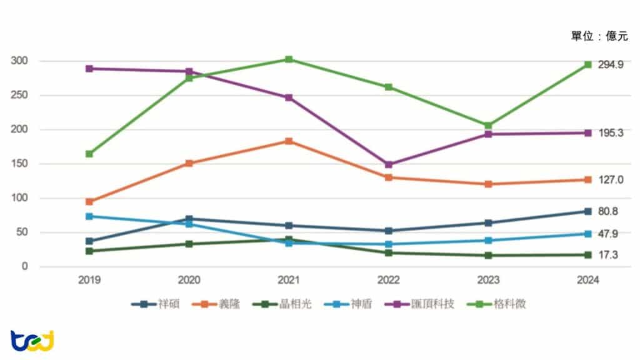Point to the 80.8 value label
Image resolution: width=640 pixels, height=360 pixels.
click(x=608, y=212)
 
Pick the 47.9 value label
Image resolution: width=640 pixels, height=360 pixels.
click(x=608, y=234)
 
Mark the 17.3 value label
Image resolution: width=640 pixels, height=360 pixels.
click(x=608, y=255)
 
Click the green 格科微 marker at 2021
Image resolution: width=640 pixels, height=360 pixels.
click(x=289, y=59)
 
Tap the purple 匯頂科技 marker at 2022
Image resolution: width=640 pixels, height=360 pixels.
click(x=388, y=164)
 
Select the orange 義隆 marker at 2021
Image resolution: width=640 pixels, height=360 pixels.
click(x=289, y=141)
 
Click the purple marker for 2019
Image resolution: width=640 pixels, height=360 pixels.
click(x=89, y=69)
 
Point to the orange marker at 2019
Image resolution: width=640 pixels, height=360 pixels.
click(x=89, y=202)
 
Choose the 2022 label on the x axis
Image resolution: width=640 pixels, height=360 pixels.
click(x=388, y=281)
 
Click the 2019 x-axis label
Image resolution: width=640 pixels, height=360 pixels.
click(x=89, y=281)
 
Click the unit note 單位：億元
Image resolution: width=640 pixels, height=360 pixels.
click(x=599, y=36)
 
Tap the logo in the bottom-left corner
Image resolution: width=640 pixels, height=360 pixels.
click(x=32, y=341)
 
